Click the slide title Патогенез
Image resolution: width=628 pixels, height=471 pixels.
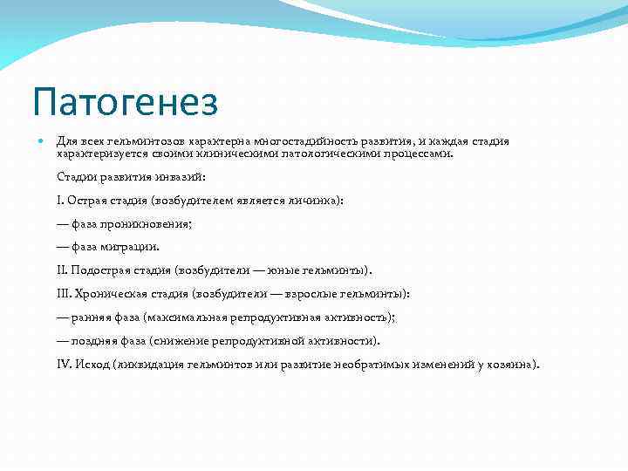pyautogui.click(x=125, y=102)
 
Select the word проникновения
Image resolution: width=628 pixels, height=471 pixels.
pyautogui.click(x=148, y=223)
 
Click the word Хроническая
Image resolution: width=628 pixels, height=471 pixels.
pyautogui.click(x=115, y=294)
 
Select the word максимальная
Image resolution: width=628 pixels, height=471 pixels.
pyautogui.click(x=189, y=317)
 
